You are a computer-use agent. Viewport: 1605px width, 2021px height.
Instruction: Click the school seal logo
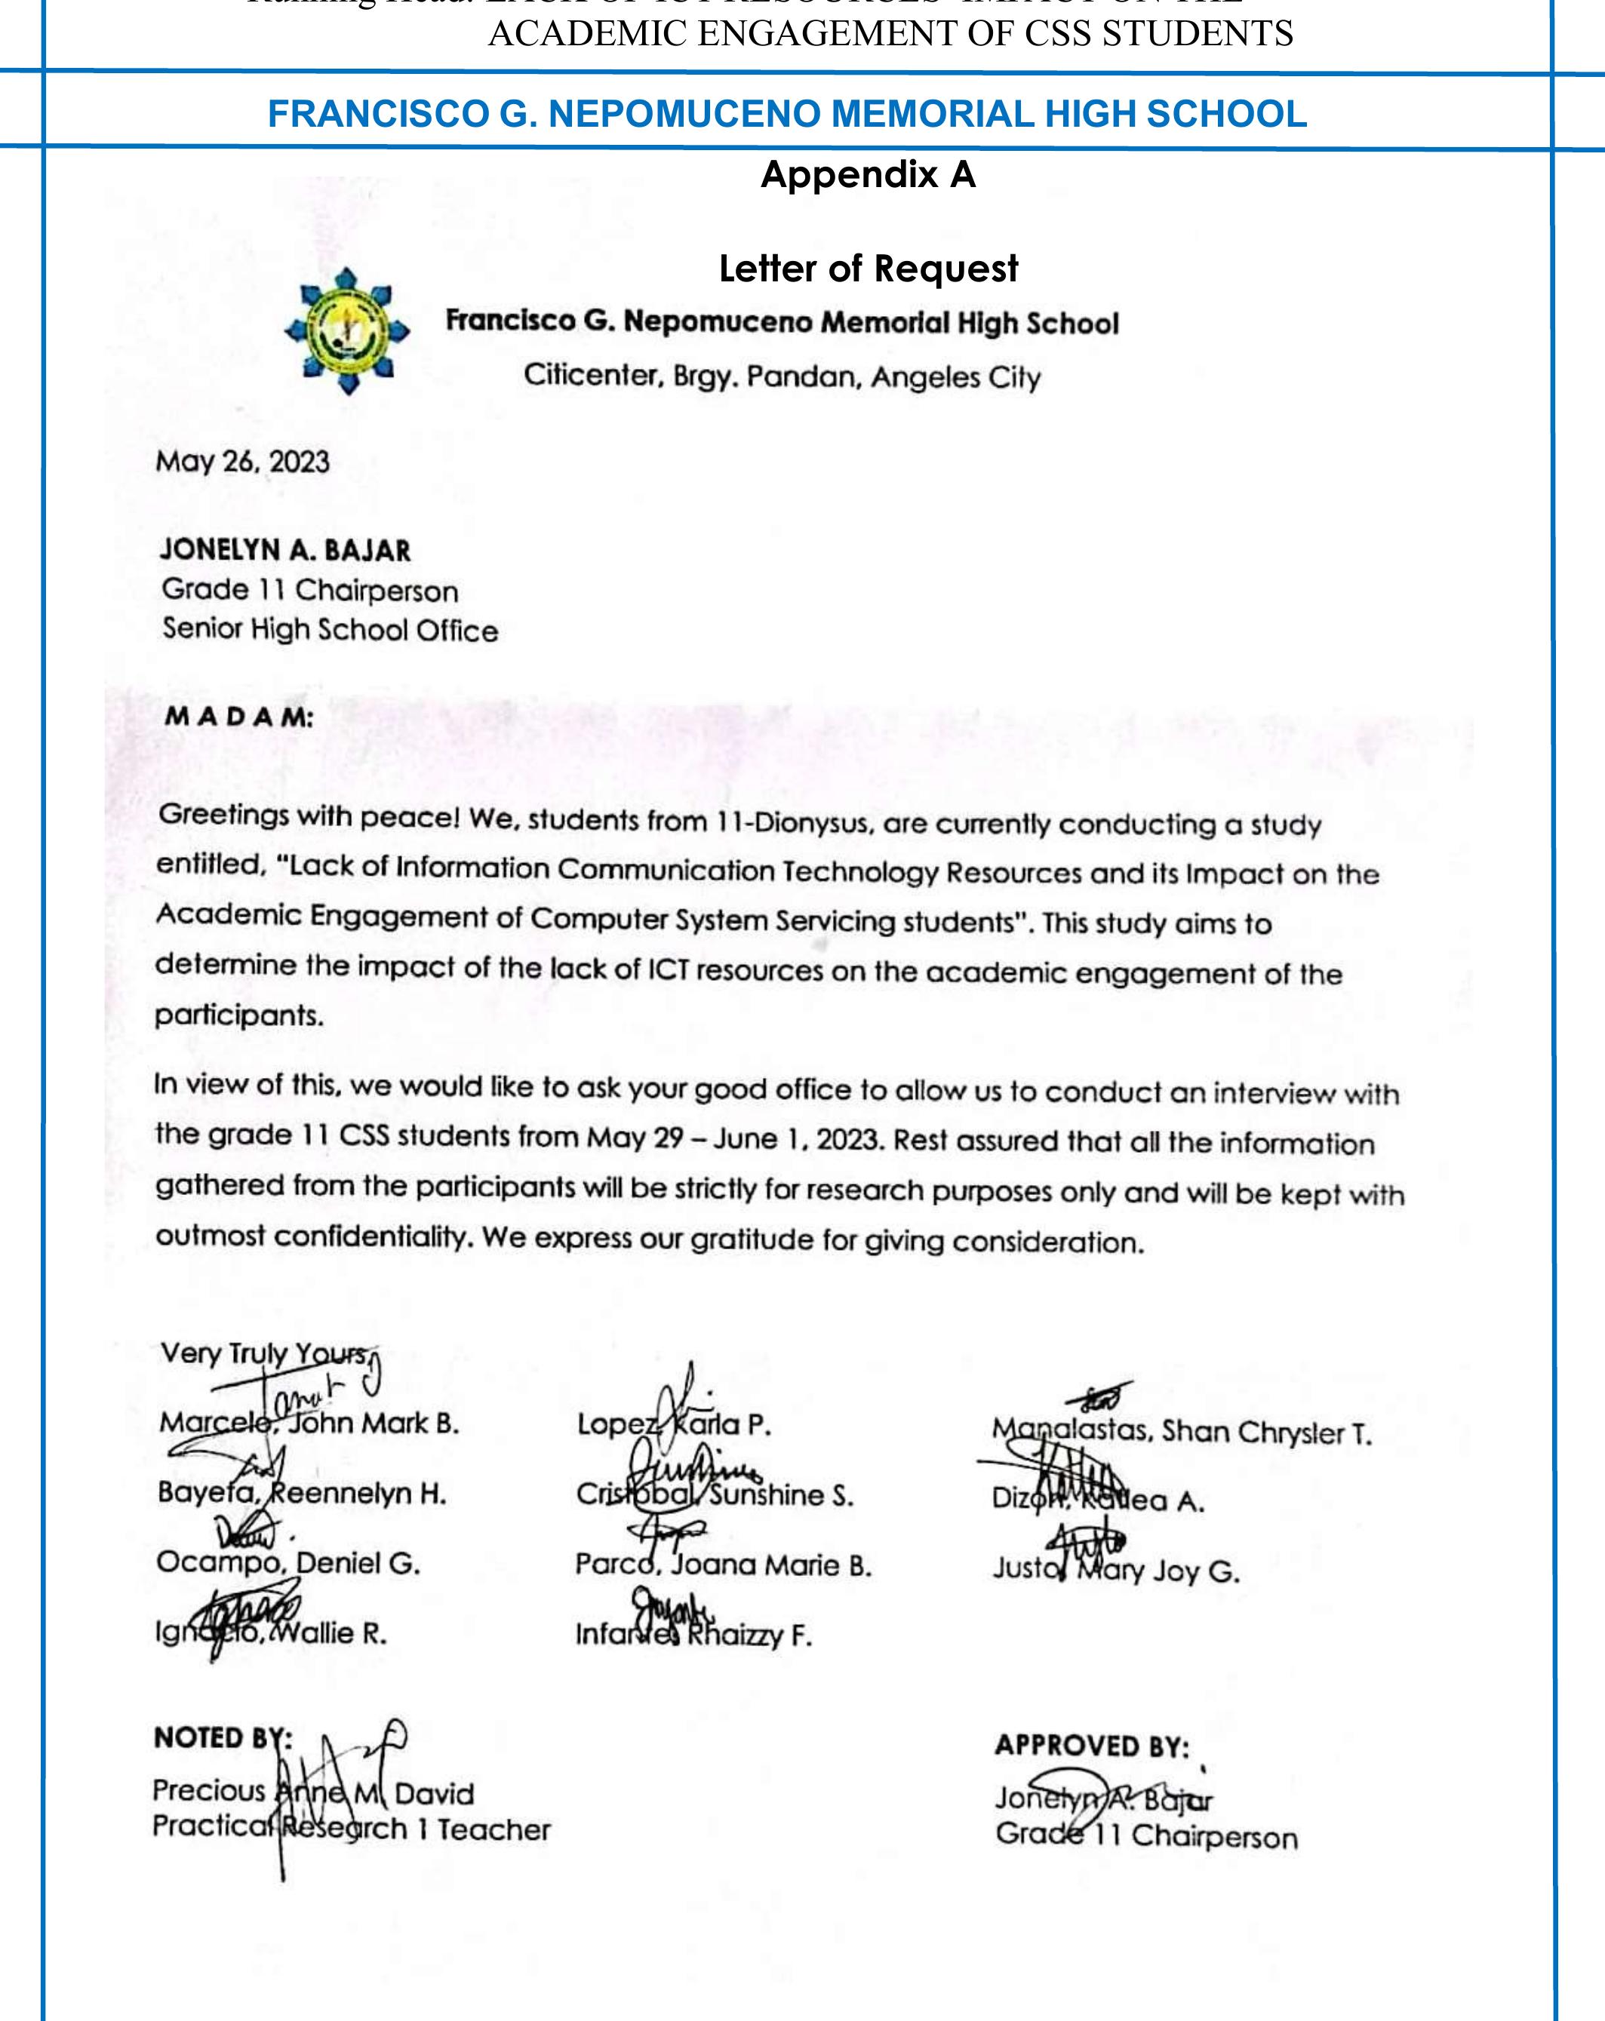(x=347, y=331)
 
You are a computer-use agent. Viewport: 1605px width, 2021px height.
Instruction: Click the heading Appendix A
(x=867, y=175)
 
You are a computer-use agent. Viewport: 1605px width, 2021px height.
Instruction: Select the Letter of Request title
(x=867, y=269)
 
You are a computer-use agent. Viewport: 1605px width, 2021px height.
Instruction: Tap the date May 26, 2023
(x=242, y=462)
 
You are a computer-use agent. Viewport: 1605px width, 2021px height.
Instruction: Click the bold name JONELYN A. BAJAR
(x=285, y=549)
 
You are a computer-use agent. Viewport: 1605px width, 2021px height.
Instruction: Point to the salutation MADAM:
(x=239, y=717)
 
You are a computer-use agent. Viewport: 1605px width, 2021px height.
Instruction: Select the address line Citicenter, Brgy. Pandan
(x=781, y=376)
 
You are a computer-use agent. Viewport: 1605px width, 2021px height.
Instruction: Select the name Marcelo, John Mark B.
(x=309, y=1423)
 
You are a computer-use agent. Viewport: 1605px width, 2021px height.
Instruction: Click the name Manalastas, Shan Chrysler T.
(x=1181, y=1431)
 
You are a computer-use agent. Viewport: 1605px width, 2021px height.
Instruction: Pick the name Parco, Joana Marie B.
(x=723, y=1565)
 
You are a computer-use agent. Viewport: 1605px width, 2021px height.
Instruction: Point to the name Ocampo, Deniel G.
(x=287, y=1562)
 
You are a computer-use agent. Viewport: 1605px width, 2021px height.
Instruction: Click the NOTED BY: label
(x=222, y=1738)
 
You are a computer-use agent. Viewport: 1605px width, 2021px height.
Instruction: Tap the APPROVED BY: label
(x=1091, y=1746)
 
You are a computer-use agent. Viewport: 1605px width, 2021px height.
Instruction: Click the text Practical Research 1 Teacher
(x=352, y=1829)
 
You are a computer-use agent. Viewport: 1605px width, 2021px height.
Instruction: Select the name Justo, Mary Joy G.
(x=1115, y=1570)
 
